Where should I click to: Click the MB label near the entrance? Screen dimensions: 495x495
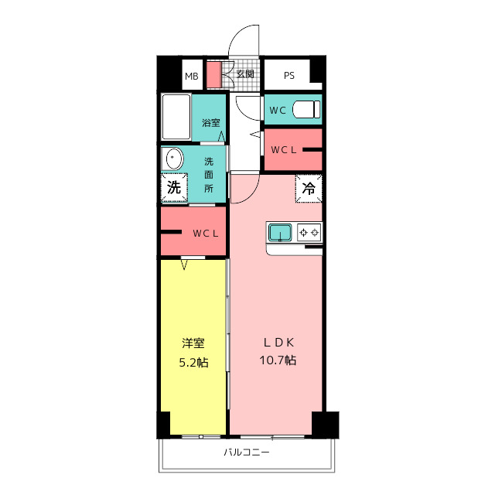tap(192, 77)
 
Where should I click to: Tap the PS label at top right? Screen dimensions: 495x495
tap(289, 76)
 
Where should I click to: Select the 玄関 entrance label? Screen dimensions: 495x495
tap(245, 74)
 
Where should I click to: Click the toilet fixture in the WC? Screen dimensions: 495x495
tap(306, 109)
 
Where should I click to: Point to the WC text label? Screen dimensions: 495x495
tap(278, 110)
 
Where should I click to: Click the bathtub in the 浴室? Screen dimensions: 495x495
tap(176, 117)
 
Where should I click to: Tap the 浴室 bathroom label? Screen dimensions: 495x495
tap(211, 122)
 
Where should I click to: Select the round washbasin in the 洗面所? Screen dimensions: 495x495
tap(172, 159)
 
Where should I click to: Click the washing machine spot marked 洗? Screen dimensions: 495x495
tap(174, 187)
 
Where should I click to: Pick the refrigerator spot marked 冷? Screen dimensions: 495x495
tap(309, 189)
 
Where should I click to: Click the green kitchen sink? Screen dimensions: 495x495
tap(280, 233)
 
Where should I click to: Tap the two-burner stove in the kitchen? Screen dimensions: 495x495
tap(309, 233)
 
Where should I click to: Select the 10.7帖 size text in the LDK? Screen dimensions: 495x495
tap(278, 360)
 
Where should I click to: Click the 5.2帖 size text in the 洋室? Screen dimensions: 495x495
tap(194, 363)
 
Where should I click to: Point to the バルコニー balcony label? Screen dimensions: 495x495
tap(247, 452)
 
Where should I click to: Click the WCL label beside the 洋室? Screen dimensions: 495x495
tap(206, 234)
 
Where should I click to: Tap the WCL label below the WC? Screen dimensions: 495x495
tap(284, 150)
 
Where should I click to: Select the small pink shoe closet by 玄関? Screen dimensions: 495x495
tap(214, 74)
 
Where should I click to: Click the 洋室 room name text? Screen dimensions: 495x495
tap(193, 343)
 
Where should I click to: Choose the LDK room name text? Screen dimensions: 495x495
tap(278, 343)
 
